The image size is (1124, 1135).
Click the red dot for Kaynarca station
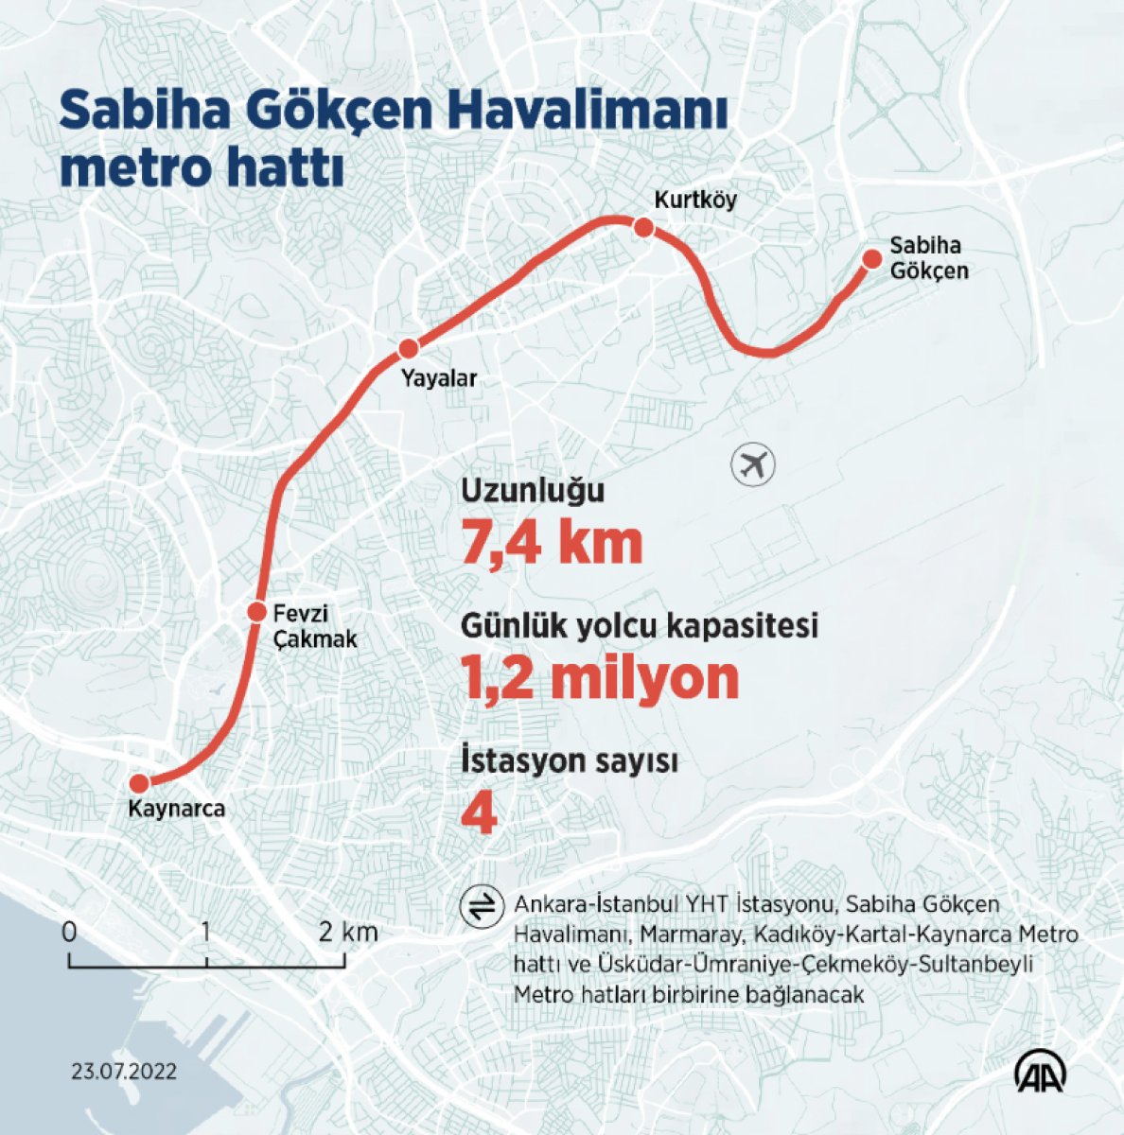click(139, 783)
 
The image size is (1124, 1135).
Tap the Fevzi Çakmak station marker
click(256, 611)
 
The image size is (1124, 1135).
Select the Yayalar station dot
click(409, 348)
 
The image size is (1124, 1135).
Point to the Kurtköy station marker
click(643, 227)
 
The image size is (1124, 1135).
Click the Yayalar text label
click(438, 379)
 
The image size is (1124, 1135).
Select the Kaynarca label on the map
click(177, 810)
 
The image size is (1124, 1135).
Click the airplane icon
click(753, 465)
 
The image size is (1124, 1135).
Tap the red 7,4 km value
click(552, 543)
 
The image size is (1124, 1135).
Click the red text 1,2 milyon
click(600, 678)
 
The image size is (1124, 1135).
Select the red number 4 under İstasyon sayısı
click(479, 815)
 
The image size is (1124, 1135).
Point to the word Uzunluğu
click(532, 492)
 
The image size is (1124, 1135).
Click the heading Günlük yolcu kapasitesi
click(639, 626)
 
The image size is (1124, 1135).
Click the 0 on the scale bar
click(69, 932)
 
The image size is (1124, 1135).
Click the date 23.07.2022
click(124, 1073)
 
